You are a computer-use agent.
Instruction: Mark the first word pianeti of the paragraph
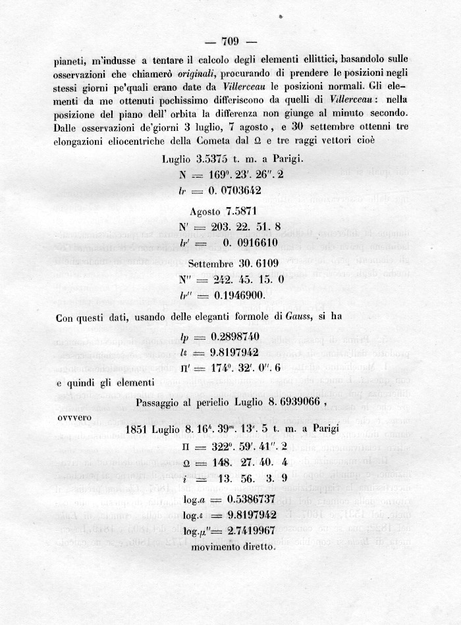pos(70,58)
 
